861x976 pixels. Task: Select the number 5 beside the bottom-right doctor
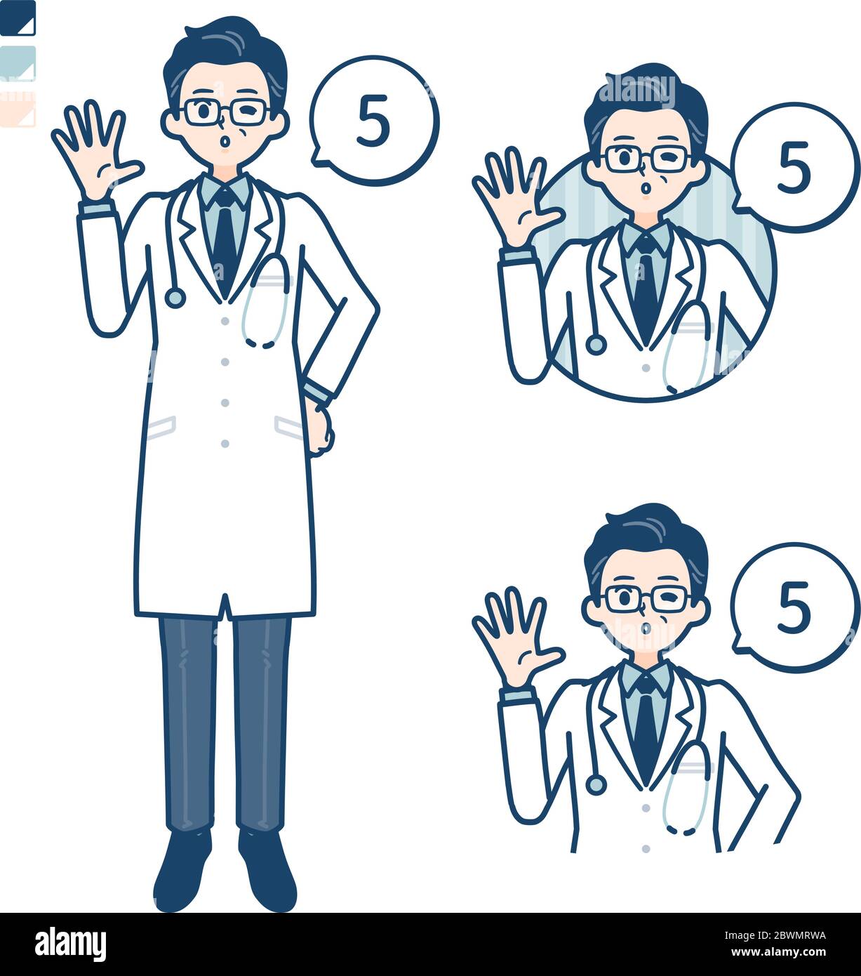point(794,608)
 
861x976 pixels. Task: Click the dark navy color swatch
point(18,18)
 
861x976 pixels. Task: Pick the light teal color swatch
point(18,63)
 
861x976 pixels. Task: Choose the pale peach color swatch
point(18,109)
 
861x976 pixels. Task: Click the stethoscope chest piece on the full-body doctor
point(174,298)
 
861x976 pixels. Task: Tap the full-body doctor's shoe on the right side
point(268,871)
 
